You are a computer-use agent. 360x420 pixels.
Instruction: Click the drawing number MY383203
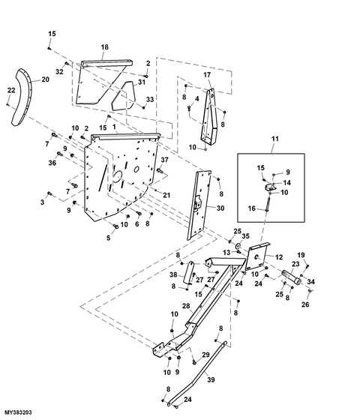(18, 412)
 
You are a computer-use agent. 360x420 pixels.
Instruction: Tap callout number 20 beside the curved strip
(45, 79)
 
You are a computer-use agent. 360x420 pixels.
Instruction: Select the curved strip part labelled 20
(21, 97)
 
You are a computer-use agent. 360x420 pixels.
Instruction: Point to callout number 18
(105, 47)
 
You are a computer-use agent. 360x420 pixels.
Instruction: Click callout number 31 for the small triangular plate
(142, 82)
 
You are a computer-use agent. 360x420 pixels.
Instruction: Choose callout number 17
(207, 75)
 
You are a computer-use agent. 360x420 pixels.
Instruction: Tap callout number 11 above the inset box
(275, 139)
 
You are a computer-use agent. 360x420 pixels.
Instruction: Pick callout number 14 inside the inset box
(286, 183)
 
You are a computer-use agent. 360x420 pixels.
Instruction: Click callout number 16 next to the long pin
(252, 208)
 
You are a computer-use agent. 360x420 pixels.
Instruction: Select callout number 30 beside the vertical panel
(220, 208)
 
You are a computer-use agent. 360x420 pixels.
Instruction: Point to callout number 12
(279, 257)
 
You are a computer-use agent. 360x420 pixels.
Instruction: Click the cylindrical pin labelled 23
(291, 277)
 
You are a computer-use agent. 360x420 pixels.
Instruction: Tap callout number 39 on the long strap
(211, 379)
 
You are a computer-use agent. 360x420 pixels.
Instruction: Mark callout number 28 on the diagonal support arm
(186, 306)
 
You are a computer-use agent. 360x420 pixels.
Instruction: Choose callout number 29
(205, 355)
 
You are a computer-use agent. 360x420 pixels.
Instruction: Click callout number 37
(164, 160)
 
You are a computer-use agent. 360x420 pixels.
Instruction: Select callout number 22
(11, 90)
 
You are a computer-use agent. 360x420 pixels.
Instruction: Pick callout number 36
(52, 163)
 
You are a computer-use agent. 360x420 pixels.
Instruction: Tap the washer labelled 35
(238, 245)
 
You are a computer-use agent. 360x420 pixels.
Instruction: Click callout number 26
(305, 304)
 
